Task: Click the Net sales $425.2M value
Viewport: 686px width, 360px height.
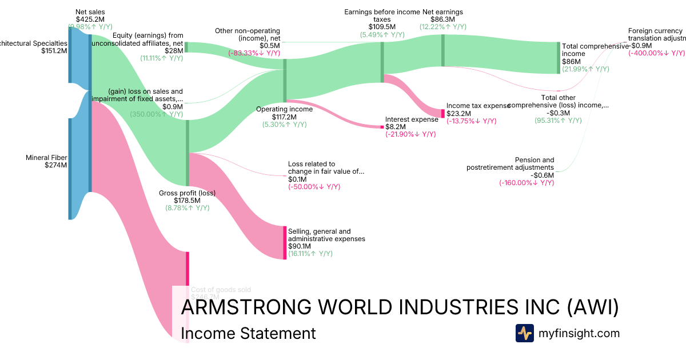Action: pos(90,19)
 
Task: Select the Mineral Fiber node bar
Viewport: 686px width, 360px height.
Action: pos(70,169)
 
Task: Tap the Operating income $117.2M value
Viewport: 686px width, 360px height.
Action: pos(284,117)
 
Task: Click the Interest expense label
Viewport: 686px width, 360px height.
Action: pos(412,119)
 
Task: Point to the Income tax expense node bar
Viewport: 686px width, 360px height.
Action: pos(442,113)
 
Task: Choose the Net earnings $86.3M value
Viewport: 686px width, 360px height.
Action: pos(442,19)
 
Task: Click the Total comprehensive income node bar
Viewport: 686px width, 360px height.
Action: pos(559,58)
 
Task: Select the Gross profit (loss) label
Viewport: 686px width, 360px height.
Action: pos(187,193)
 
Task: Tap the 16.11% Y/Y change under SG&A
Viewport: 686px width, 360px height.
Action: pos(310,254)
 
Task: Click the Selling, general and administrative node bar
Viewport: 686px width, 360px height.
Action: pos(284,243)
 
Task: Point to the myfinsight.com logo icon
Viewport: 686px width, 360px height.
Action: pos(524,333)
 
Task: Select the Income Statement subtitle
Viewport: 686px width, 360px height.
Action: pos(248,333)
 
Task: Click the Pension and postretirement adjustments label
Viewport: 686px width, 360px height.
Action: pos(510,163)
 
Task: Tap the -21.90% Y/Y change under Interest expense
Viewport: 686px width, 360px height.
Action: pos(410,134)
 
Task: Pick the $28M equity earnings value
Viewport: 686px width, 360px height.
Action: pos(174,50)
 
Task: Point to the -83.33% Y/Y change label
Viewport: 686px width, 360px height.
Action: pos(254,53)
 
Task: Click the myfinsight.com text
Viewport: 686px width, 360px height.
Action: pos(579,333)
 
